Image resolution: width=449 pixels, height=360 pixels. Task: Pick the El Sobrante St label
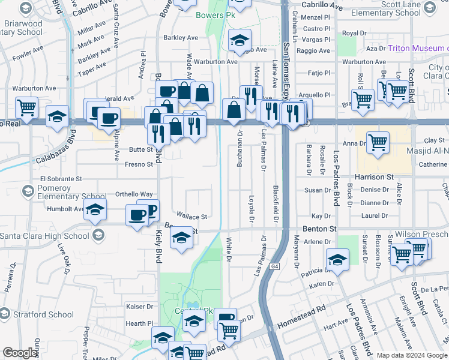60,179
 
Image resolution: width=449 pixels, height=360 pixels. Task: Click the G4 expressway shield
274,266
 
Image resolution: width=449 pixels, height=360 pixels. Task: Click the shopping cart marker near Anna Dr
378,143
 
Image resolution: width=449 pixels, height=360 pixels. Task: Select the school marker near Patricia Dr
338,260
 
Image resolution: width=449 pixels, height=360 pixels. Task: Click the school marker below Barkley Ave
240,40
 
